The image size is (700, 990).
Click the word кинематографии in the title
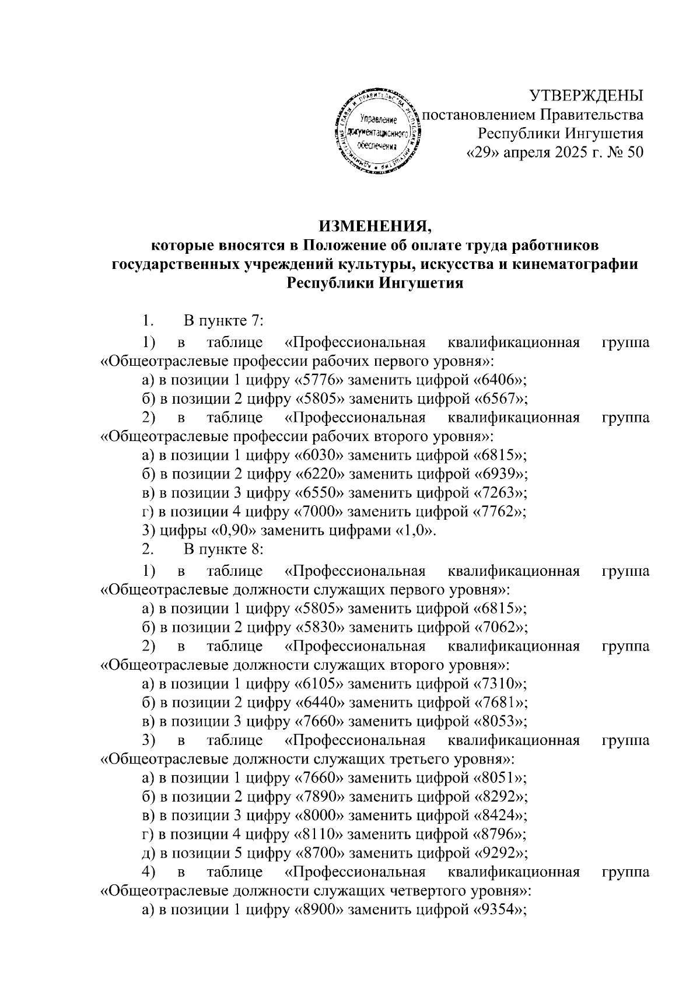click(x=582, y=264)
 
